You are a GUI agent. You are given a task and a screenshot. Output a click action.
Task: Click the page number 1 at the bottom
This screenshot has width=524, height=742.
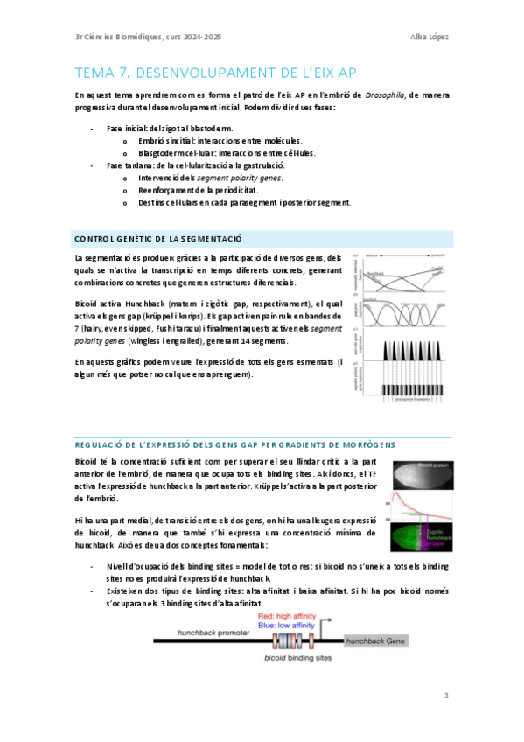tap(445, 695)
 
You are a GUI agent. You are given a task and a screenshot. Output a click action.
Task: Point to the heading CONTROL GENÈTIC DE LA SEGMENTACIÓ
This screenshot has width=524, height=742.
tap(157, 239)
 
